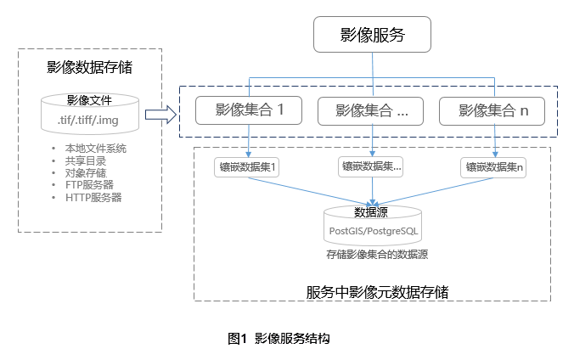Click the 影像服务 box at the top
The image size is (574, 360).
[372, 35]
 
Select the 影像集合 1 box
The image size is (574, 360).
[249, 110]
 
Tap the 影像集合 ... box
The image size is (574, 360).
[372, 110]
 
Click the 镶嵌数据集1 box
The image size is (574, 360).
[247, 168]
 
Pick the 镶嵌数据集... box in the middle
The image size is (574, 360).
[370, 167]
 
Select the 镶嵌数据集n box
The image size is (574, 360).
[495, 168]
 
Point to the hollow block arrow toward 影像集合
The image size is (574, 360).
[159, 114]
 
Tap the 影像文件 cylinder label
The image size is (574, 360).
[89, 99]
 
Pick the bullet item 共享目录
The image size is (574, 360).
[85, 161]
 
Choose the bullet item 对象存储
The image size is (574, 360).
[85, 173]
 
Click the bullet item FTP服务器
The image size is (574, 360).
[89, 185]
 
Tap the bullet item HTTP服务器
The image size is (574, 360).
[93, 197]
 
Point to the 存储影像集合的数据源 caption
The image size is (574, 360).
[376, 253]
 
